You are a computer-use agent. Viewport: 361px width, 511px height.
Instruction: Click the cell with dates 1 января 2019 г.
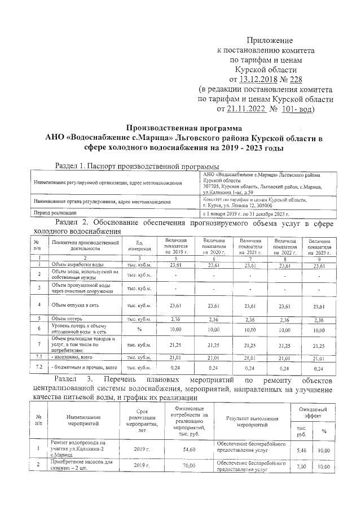click(x=262, y=213)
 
